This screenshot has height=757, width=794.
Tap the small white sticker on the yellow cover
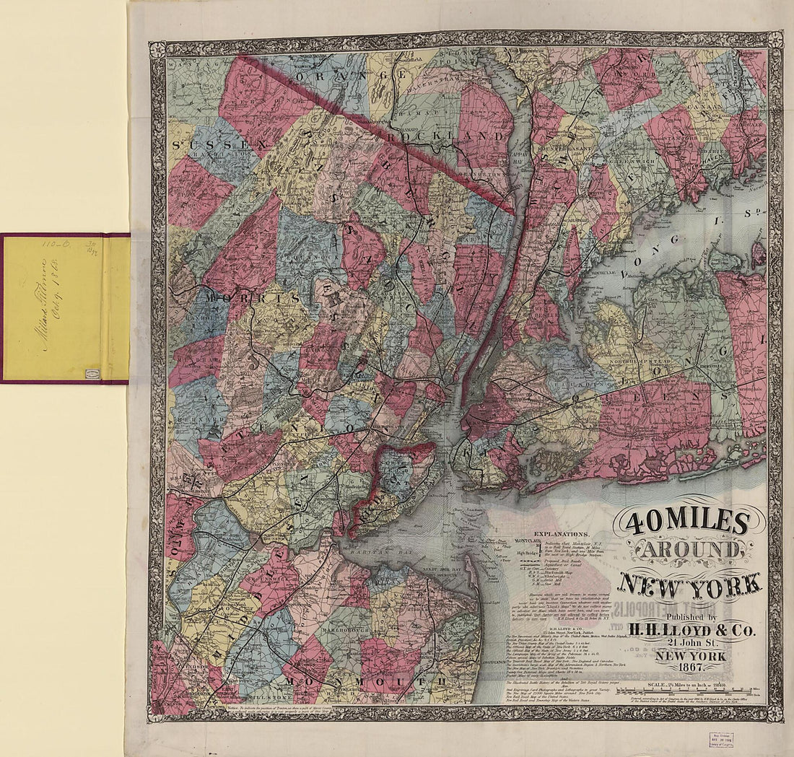[92, 373]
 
